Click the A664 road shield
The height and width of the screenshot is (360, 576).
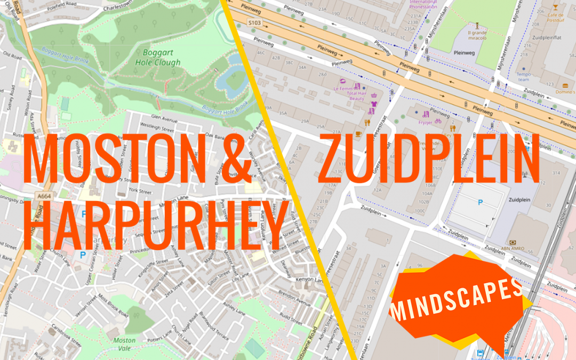pyautogui.click(x=45, y=196)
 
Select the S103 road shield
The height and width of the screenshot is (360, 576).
pyautogui.click(x=255, y=22)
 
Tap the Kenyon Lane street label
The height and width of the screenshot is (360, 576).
pyautogui.click(x=310, y=281)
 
